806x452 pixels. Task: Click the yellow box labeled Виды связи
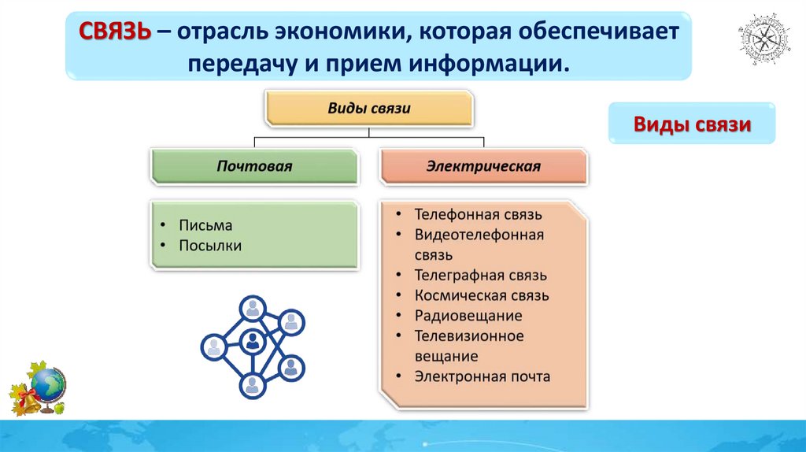[368, 108]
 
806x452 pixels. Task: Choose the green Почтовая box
[254, 166]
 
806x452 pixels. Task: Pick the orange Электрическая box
[483, 166]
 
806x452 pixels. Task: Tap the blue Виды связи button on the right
[693, 124]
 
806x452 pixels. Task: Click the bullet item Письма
[205, 225]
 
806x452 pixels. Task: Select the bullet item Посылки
[210, 246]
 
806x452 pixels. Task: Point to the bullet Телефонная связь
[479, 214]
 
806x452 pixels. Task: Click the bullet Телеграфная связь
[480, 276]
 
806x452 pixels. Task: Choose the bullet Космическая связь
[482, 296]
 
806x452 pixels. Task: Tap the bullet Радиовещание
[468, 317]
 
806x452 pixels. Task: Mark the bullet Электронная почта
[482, 376]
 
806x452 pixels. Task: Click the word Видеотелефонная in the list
[479, 235]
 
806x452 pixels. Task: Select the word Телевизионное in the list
[469, 336]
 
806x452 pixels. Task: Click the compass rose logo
[760, 39]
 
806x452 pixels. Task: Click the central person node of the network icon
[253, 342]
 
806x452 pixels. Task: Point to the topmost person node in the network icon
[253, 308]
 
